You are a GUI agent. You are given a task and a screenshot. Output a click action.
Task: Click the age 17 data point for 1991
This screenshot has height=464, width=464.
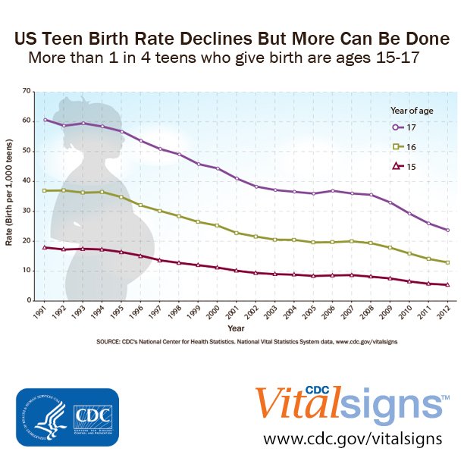point(45,120)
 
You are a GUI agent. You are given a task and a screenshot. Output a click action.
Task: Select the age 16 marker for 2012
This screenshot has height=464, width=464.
point(448,262)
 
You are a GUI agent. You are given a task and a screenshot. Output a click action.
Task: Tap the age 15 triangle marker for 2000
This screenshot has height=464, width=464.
point(218,268)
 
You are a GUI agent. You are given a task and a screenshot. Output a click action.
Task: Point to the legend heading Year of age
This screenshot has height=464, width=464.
point(411,109)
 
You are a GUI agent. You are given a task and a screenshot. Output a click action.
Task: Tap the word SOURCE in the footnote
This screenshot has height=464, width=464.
point(111,343)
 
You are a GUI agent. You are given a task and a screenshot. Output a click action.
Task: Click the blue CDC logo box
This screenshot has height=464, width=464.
point(67,417)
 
